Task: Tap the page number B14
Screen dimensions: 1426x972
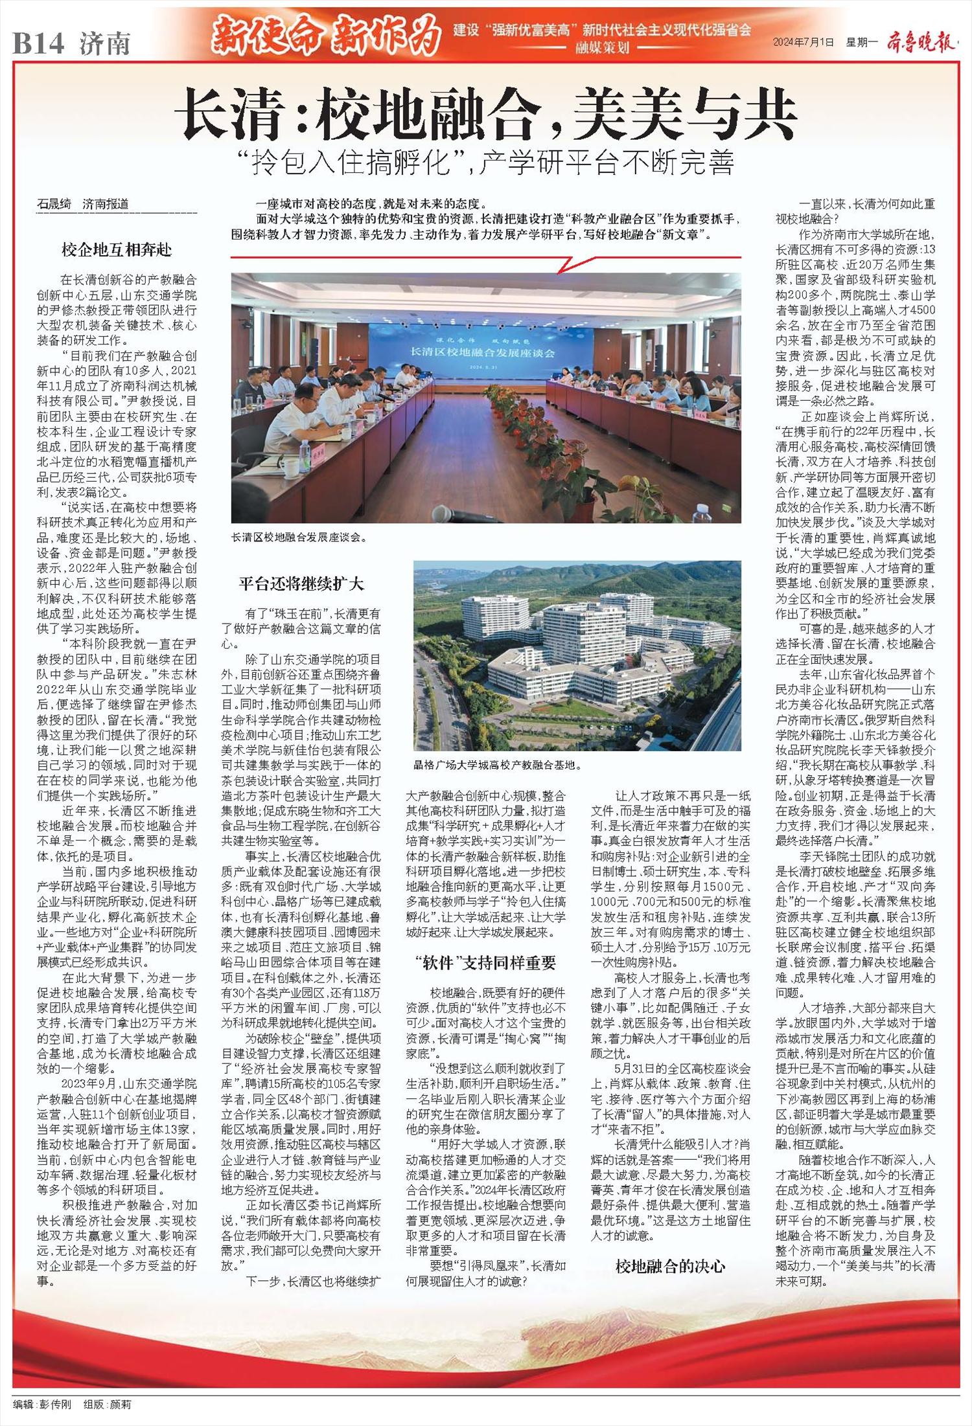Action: pos(39,43)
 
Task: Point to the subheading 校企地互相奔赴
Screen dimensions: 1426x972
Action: pos(117,249)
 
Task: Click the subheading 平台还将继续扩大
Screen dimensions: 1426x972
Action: pos(301,584)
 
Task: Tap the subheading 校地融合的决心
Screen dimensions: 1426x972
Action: pos(670,1265)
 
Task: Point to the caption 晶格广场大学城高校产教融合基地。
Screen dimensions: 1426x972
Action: pos(498,765)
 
